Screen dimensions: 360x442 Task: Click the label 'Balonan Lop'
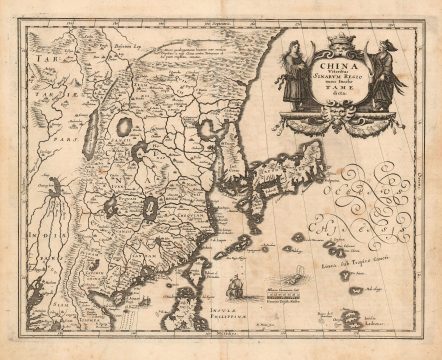point(128,46)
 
